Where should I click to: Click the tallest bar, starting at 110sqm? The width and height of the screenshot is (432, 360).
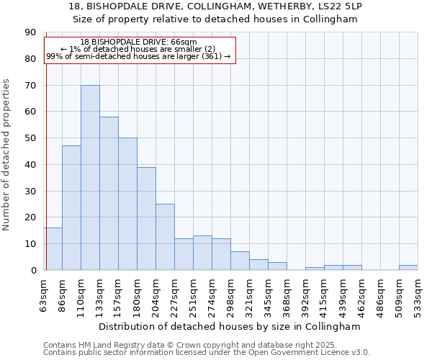click(90, 177)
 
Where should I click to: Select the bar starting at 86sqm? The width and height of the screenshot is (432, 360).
click(71, 207)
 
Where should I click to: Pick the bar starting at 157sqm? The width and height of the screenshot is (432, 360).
click(127, 204)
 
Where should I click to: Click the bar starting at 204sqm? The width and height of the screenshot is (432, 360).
click(165, 237)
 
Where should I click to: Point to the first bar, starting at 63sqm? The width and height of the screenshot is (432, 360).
click(53, 249)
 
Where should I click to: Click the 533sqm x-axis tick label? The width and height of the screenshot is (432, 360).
click(418, 294)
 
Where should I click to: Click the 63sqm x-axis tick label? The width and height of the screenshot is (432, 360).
click(44, 294)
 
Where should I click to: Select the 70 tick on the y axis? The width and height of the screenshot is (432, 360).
click(30, 86)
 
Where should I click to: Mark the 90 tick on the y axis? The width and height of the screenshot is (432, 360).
click(30, 32)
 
